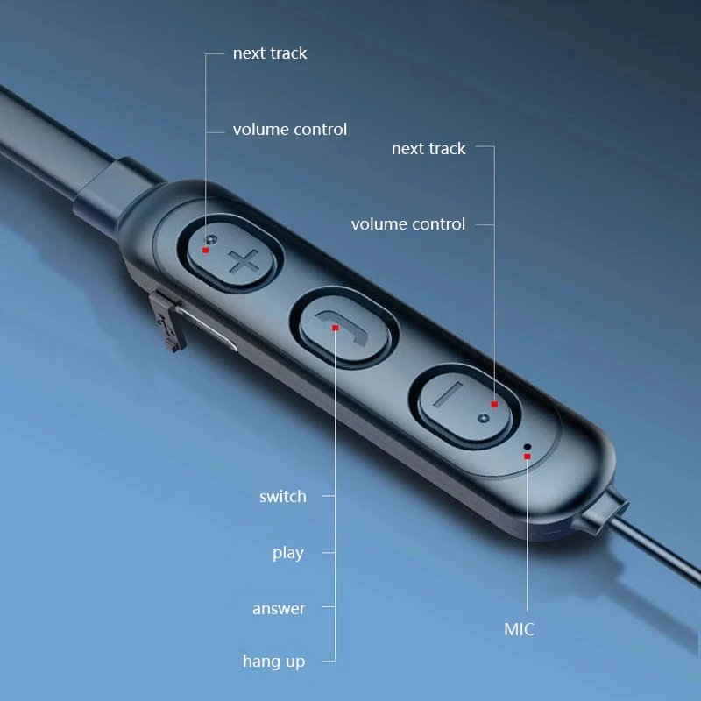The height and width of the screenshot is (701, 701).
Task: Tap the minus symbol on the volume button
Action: pos(448,396)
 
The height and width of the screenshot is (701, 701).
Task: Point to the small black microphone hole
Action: pos(527,446)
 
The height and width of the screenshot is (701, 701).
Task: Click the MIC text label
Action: pos(519,629)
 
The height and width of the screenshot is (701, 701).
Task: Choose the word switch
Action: pos(283,497)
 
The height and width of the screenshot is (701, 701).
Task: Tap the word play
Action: pos(288,553)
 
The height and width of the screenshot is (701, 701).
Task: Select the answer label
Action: pos(279,609)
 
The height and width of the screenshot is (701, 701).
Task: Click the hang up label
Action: pos(274,662)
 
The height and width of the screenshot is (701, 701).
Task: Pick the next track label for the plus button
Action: pos(270,53)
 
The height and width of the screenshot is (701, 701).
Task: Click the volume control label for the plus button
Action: pos(290,130)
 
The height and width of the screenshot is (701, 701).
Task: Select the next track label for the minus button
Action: pos(428,149)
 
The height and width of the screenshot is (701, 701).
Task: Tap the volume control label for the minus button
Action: pos(408,224)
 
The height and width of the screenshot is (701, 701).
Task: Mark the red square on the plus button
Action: pos(206,250)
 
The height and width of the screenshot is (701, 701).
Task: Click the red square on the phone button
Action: pos(336,328)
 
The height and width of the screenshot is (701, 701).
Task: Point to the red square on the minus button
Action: pos(494,404)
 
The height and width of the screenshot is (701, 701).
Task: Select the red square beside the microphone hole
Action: pos(527,456)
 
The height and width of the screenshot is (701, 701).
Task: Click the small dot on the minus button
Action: pos(482,419)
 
